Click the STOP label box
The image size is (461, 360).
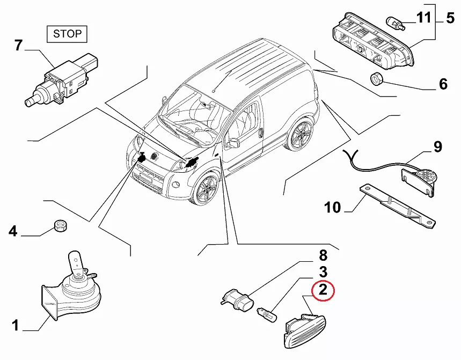(x=67, y=34)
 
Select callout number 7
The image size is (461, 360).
(x=18, y=46)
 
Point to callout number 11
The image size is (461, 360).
(x=423, y=19)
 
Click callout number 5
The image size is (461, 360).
(x=450, y=19)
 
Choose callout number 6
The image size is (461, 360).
(x=443, y=84)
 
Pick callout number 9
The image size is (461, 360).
(x=437, y=146)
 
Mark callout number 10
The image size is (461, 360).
(x=333, y=207)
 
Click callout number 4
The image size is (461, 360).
(x=13, y=232)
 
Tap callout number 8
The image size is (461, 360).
(x=323, y=256)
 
